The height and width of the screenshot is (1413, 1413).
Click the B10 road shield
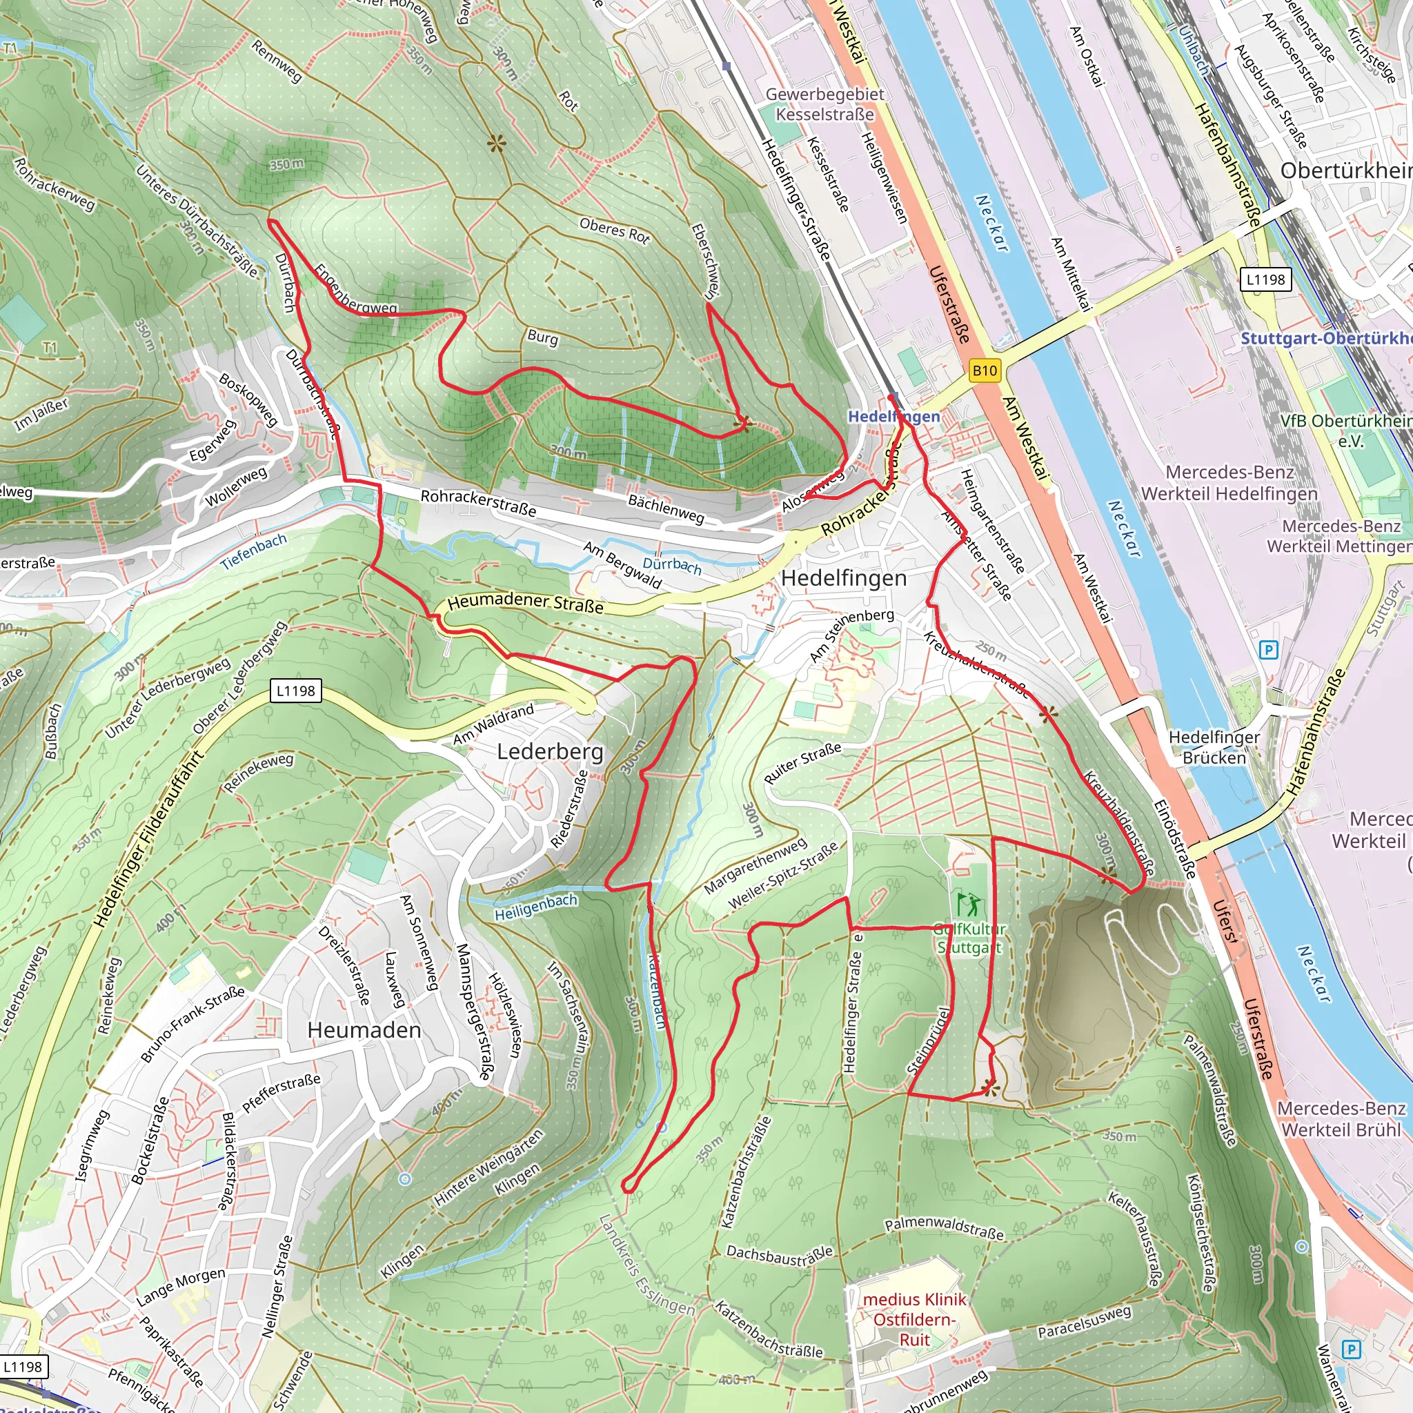[x=985, y=370]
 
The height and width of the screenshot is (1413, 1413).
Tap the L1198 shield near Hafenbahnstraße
[x=1265, y=279]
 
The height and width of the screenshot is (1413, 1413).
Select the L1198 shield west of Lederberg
[x=295, y=691]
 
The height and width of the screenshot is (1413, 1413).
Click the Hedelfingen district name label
[x=843, y=577]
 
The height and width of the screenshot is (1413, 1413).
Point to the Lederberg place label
[x=550, y=751]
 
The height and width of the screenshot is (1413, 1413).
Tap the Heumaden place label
[x=364, y=1030]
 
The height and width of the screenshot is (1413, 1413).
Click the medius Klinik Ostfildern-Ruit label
[x=914, y=1319]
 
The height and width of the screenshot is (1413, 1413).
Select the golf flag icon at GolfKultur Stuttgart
[x=968, y=904]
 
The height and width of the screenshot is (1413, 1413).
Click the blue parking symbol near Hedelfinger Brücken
[x=1268, y=649]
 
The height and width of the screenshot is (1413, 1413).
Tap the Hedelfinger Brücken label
[x=1214, y=747]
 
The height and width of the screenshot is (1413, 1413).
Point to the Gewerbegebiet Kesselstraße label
[x=824, y=104]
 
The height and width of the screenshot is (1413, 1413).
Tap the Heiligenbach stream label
[x=535, y=908]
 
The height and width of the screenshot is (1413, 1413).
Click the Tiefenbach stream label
[x=254, y=551]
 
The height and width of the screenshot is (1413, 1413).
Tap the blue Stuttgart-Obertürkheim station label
[x=1325, y=339]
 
